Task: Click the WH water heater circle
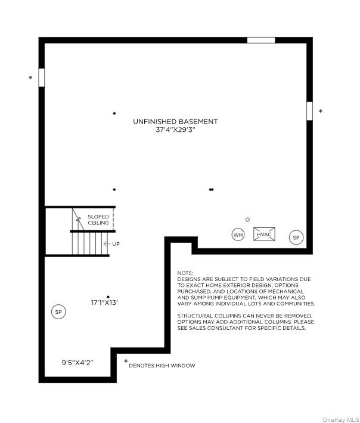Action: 238,235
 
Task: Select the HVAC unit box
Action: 264,234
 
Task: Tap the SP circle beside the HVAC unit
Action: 296,237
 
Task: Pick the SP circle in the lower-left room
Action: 58,311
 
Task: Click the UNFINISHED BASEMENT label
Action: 175,122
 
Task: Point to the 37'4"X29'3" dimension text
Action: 175,129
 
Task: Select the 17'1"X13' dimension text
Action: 104,303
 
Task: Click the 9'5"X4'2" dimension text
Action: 77,362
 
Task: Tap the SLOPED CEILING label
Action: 98,220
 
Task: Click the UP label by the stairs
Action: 116,244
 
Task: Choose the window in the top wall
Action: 261,41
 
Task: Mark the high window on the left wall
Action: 42,78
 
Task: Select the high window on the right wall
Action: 309,111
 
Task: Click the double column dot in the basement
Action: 211,190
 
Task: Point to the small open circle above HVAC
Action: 247,220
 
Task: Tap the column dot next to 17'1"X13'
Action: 108,297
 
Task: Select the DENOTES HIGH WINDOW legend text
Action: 162,365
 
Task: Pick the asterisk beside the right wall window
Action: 321,111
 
